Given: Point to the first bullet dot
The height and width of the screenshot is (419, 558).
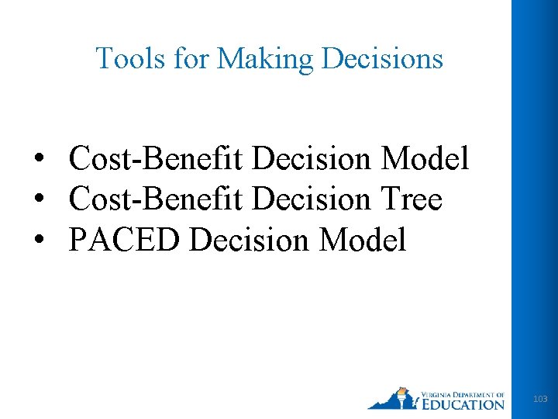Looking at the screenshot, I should click(x=38, y=160).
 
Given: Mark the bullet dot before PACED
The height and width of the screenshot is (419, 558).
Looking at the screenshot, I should click(x=38, y=241).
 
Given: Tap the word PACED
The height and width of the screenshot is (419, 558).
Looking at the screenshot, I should click(x=125, y=241).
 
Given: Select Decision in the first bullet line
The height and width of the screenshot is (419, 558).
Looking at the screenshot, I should click(x=312, y=159).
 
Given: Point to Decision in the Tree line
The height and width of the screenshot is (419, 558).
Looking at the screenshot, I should click(x=312, y=200).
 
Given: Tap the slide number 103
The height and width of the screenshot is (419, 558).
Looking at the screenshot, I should click(x=540, y=399).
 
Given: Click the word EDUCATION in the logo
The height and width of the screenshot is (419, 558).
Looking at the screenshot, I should click(x=463, y=403).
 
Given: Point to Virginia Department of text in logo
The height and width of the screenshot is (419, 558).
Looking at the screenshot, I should click(x=463, y=393).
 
